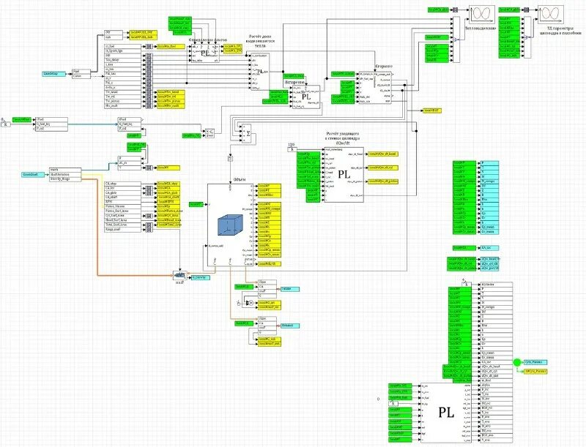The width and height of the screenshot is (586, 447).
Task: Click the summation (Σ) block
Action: click(x=248, y=133)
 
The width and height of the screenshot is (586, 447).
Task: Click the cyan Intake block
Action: click(x=289, y=289)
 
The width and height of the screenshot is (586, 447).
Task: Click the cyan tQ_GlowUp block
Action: click(x=199, y=277)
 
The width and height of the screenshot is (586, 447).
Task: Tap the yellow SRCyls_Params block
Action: click(x=537, y=371)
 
